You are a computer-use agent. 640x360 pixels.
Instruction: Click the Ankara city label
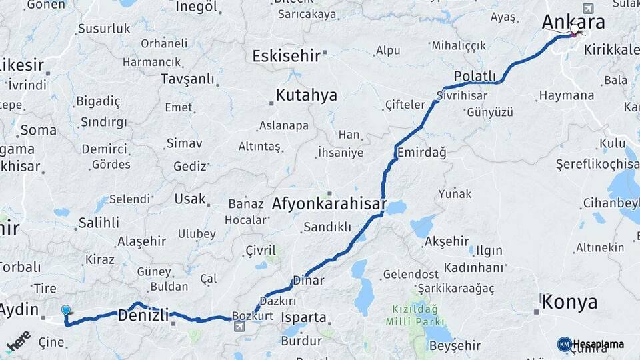point(573,22)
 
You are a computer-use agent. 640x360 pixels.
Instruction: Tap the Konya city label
point(569,303)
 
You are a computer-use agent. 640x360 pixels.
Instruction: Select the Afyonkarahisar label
point(339,204)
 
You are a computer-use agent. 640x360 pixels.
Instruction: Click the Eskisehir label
point(286,56)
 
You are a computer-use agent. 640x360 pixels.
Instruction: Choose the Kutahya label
point(306,95)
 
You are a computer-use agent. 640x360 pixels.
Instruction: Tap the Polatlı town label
point(475,77)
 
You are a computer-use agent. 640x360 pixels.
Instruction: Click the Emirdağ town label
point(421,153)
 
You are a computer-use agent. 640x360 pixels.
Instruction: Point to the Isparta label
point(304,317)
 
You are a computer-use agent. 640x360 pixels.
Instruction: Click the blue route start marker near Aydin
point(65,310)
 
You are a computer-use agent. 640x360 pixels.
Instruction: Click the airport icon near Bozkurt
point(239,326)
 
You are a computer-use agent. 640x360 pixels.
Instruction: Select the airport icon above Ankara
point(587,8)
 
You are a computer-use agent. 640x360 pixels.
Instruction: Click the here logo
point(18,341)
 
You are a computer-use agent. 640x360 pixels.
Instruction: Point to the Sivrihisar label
point(463,95)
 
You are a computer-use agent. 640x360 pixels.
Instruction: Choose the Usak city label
point(190,199)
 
